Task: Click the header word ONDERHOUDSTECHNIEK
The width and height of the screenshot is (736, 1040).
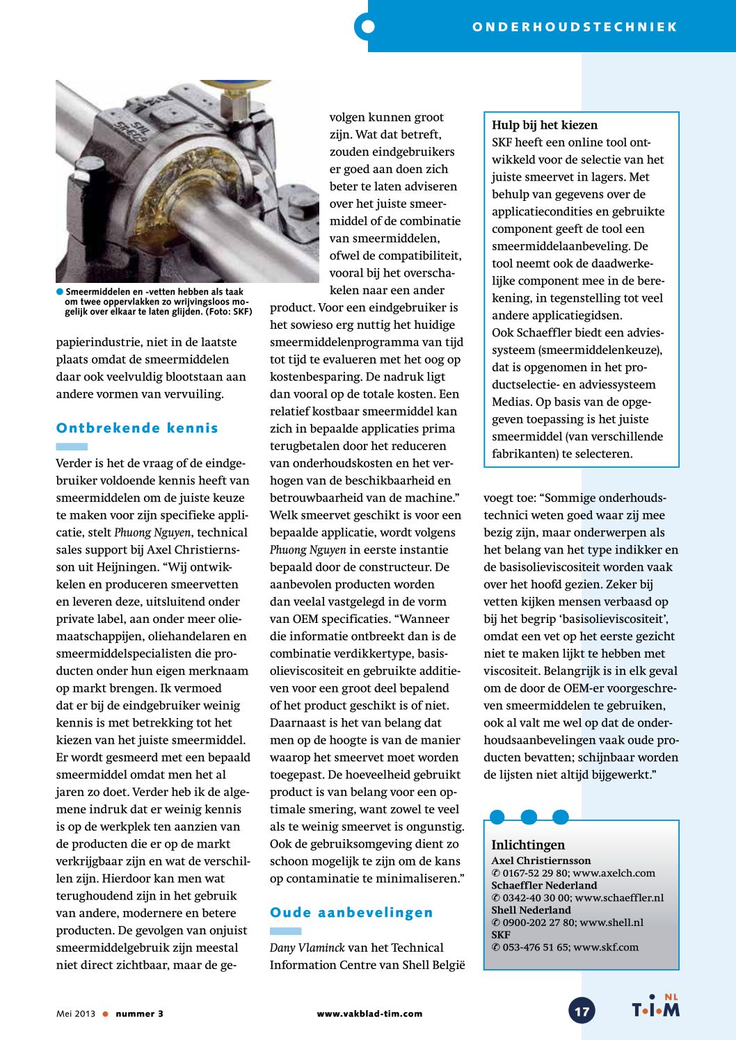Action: pyautogui.click(x=575, y=27)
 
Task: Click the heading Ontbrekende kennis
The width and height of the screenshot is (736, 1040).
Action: pyautogui.click(x=137, y=428)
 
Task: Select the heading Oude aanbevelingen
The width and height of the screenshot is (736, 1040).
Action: pyautogui.click(x=351, y=913)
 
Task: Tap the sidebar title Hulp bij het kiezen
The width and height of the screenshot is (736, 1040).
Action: pyautogui.click(x=545, y=125)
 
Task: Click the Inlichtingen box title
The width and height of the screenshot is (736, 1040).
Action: pyautogui.click(x=528, y=845)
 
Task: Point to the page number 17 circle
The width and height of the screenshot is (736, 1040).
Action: pyautogui.click(x=582, y=1011)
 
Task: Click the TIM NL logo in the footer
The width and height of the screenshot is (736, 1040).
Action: pyautogui.click(x=655, y=1007)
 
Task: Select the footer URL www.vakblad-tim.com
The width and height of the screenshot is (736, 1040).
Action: pyautogui.click(x=369, y=1014)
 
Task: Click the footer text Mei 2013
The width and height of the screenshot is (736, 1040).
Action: pyautogui.click(x=76, y=1014)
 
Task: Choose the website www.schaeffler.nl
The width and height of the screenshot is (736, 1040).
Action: pyautogui.click(x=619, y=897)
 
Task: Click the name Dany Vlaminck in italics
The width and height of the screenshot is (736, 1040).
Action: pyautogui.click(x=307, y=948)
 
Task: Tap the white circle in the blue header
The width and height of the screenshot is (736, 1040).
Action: pyautogui.click(x=368, y=27)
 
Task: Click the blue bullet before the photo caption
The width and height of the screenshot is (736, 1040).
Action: pyautogui.click(x=60, y=291)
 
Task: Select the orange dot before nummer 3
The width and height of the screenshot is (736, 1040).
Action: pyautogui.click(x=106, y=1014)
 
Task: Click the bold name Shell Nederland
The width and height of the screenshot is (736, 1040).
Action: pyautogui.click(x=531, y=910)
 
